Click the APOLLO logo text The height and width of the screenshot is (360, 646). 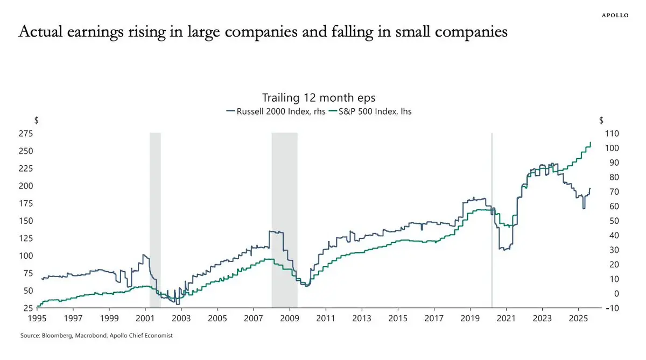coord(615,15)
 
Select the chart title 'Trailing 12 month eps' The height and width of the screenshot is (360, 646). coord(318,98)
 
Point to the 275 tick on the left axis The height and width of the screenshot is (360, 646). coord(25,133)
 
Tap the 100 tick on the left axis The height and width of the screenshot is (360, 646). coord(25,256)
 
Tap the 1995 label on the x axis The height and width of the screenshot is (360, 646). coord(37,317)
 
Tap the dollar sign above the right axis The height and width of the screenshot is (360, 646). coord(601,120)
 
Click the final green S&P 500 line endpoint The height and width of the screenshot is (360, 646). coord(591,143)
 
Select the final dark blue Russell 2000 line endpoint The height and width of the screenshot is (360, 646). coord(589,188)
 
